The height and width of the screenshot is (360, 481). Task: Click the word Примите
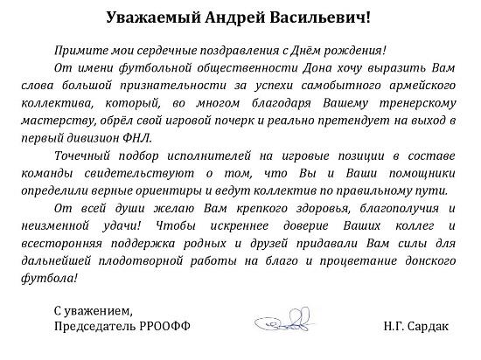coord(78,52)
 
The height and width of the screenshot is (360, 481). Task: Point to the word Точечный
coord(80,155)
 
